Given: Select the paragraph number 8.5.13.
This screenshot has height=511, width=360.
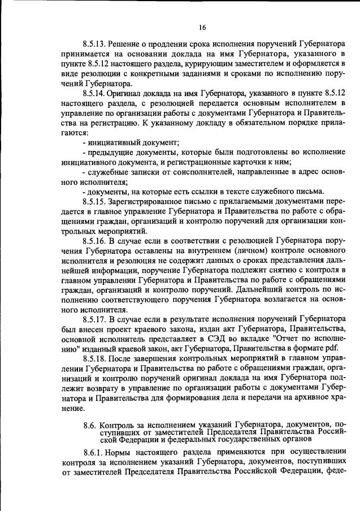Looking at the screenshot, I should (x=94, y=44).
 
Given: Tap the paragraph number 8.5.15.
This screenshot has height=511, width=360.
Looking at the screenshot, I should (x=94, y=201).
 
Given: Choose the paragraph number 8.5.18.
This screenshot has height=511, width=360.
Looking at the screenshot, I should (x=94, y=360).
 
